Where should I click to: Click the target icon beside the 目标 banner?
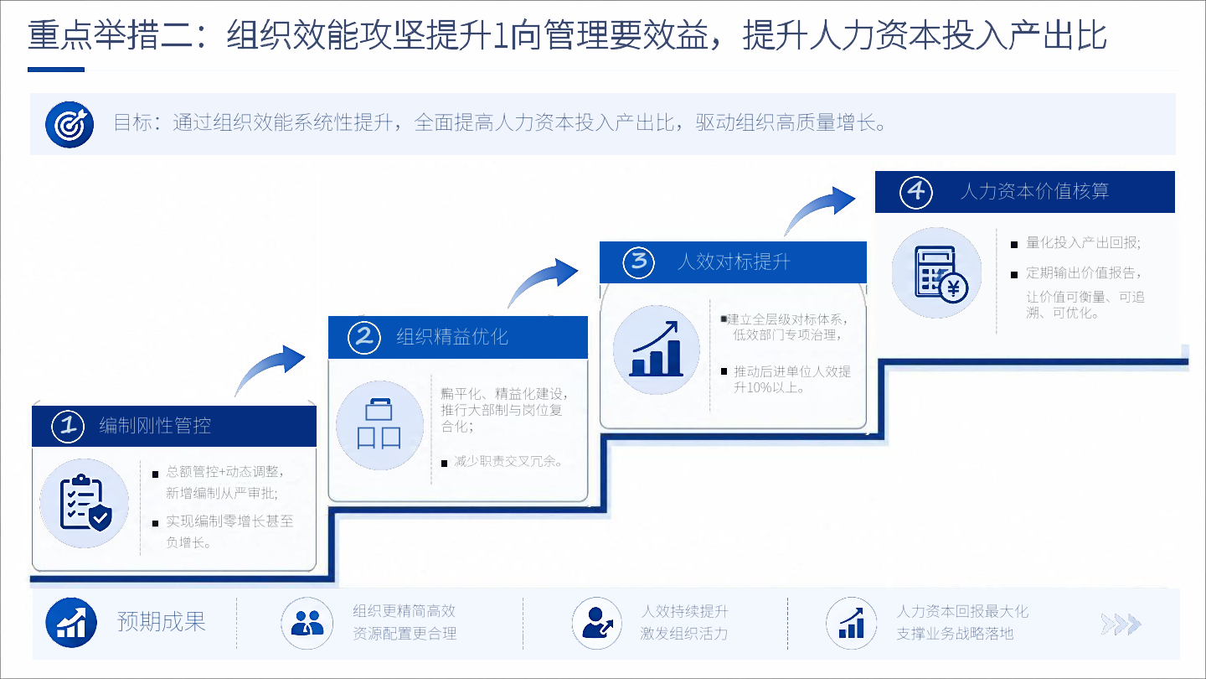70,124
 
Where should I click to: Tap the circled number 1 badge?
68,426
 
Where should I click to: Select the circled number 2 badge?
364,337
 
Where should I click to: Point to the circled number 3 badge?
638,262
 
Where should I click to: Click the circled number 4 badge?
916,192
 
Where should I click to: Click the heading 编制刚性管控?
155,426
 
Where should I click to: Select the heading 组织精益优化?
452,337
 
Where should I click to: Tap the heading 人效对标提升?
734,262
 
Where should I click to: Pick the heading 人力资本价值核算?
1035,191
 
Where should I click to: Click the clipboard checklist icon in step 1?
85,503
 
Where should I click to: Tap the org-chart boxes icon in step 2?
379,425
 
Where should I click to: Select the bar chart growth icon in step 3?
657,350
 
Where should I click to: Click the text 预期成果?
162,622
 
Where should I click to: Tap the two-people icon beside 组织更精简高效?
307,623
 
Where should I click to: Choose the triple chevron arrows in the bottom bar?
1121,624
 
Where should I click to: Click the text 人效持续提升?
684,612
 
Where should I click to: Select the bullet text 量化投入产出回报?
1083,242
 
